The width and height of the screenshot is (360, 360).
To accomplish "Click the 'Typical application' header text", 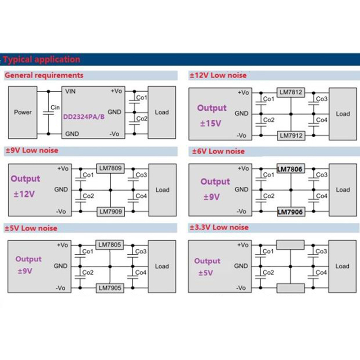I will coord(41,59).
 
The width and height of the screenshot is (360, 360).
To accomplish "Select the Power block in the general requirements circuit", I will coord(23,112).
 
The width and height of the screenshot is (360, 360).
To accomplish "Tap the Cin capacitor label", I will coord(54,107).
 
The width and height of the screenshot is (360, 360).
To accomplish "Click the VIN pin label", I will coord(71,91).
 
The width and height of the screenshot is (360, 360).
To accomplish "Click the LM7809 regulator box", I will coord(110,168).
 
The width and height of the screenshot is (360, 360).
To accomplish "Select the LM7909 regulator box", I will coord(110,211).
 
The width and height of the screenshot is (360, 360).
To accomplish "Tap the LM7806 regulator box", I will coord(290,169).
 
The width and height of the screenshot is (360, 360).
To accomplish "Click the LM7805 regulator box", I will coord(110,245).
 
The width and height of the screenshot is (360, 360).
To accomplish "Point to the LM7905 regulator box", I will coord(110,288).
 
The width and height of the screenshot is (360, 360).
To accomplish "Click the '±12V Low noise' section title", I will coord(219,75).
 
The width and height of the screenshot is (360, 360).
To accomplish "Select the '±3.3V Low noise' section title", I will coord(220,227).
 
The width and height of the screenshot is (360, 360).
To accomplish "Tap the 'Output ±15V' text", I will coord(212,116).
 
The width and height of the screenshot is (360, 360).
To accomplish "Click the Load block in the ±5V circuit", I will coord(162,266).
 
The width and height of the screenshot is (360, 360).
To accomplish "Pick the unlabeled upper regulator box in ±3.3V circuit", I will coord(290,245).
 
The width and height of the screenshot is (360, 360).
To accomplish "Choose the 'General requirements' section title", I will coord(44,75).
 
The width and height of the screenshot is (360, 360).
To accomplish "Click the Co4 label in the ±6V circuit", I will coord(321,196).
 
